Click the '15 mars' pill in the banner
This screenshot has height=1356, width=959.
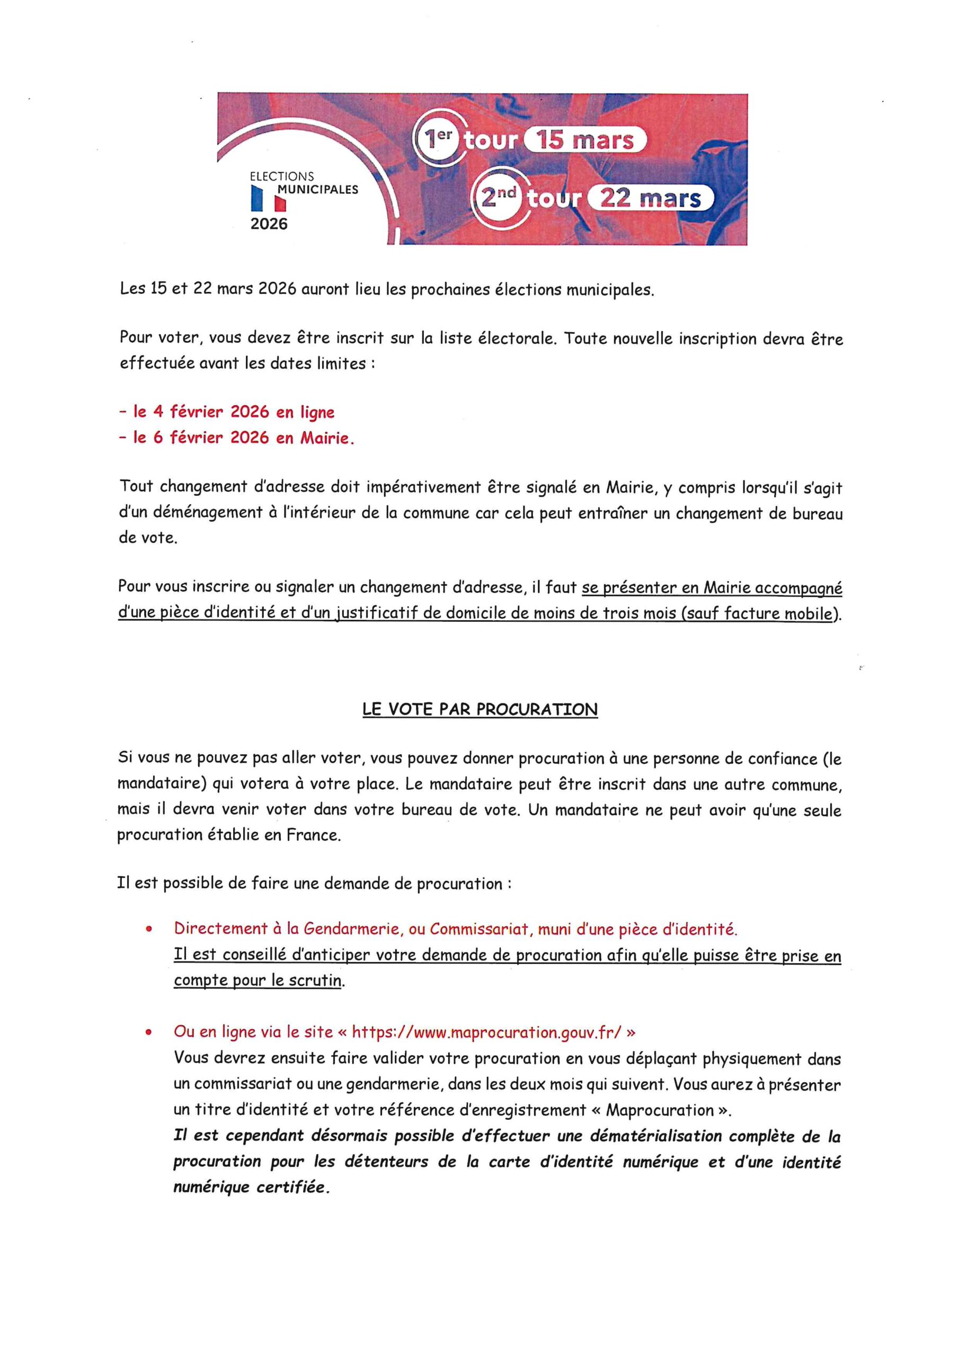pyautogui.click(x=585, y=140)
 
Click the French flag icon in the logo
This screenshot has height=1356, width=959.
pyautogui.click(x=269, y=199)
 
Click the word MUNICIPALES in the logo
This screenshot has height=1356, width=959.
pyautogui.click(x=318, y=190)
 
